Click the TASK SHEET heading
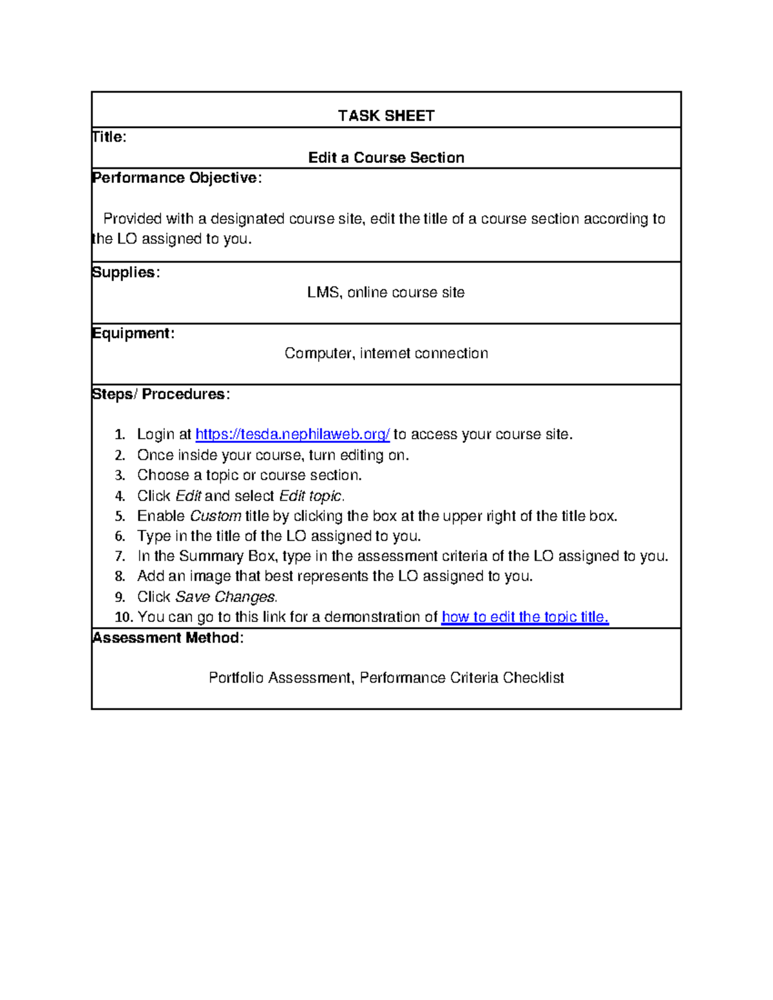(x=386, y=116)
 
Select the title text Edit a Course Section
(x=386, y=158)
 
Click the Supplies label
(x=125, y=272)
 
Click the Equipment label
(x=133, y=334)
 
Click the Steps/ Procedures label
(x=160, y=394)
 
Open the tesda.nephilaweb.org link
(x=292, y=435)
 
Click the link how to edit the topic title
(x=525, y=617)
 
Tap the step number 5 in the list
(x=120, y=516)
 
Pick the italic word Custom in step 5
(x=215, y=516)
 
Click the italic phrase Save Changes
(x=225, y=597)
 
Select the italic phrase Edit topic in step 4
(x=310, y=496)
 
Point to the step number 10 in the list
(x=123, y=617)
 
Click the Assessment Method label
(x=167, y=638)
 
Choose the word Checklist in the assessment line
(x=533, y=678)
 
